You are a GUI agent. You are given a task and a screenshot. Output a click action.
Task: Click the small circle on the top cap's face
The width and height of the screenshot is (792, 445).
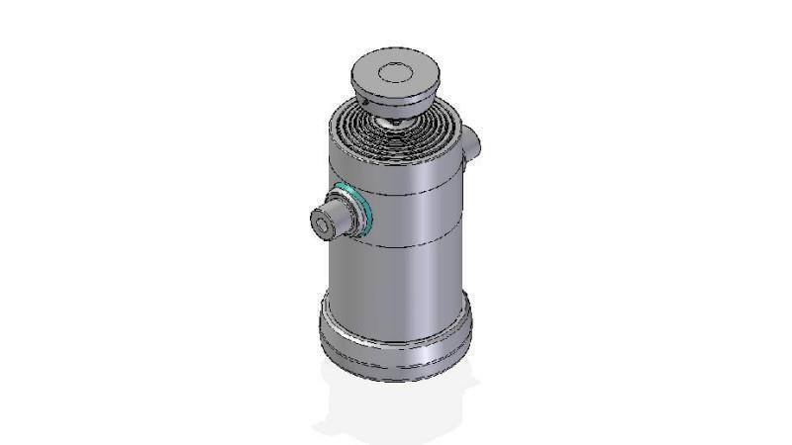click(395, 71)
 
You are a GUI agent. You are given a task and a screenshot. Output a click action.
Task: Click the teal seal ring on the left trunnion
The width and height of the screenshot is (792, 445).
click(362, 209)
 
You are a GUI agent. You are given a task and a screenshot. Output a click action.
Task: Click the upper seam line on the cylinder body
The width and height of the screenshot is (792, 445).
click(416, 192)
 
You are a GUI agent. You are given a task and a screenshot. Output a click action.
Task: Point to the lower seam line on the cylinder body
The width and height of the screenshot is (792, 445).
click(416, 244)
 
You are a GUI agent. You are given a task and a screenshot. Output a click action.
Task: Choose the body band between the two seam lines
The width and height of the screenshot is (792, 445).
click(416, 218)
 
